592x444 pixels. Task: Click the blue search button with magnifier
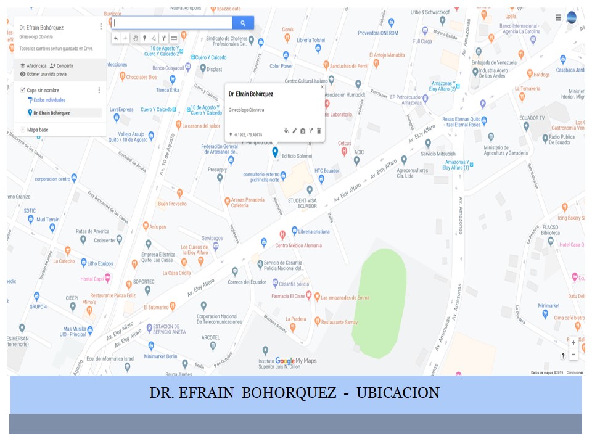tap(243, 23)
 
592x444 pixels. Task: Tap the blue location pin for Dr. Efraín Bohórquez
tap(275, 151)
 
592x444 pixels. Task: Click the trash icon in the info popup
tap(319, 131)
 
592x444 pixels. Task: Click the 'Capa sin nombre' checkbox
tap(23, 90)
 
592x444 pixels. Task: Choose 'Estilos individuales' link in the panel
tap(46, 100)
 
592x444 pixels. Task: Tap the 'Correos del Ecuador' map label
tap(247, 282)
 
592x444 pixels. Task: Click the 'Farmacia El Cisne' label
tap(288, 297)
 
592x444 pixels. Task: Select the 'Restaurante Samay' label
tap(339, 322)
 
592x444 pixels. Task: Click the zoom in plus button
tap(573, 342)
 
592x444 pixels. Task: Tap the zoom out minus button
tap(573, 355)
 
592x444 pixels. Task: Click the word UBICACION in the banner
tap(398, 393)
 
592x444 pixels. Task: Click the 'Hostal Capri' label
tap(91, 279)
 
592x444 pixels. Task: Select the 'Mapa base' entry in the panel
tap(38, 129)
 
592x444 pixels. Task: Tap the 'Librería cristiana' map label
tap(314, 231)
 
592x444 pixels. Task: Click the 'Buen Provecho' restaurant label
tap(172, 203)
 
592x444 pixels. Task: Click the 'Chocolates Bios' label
tap(141, 77)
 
